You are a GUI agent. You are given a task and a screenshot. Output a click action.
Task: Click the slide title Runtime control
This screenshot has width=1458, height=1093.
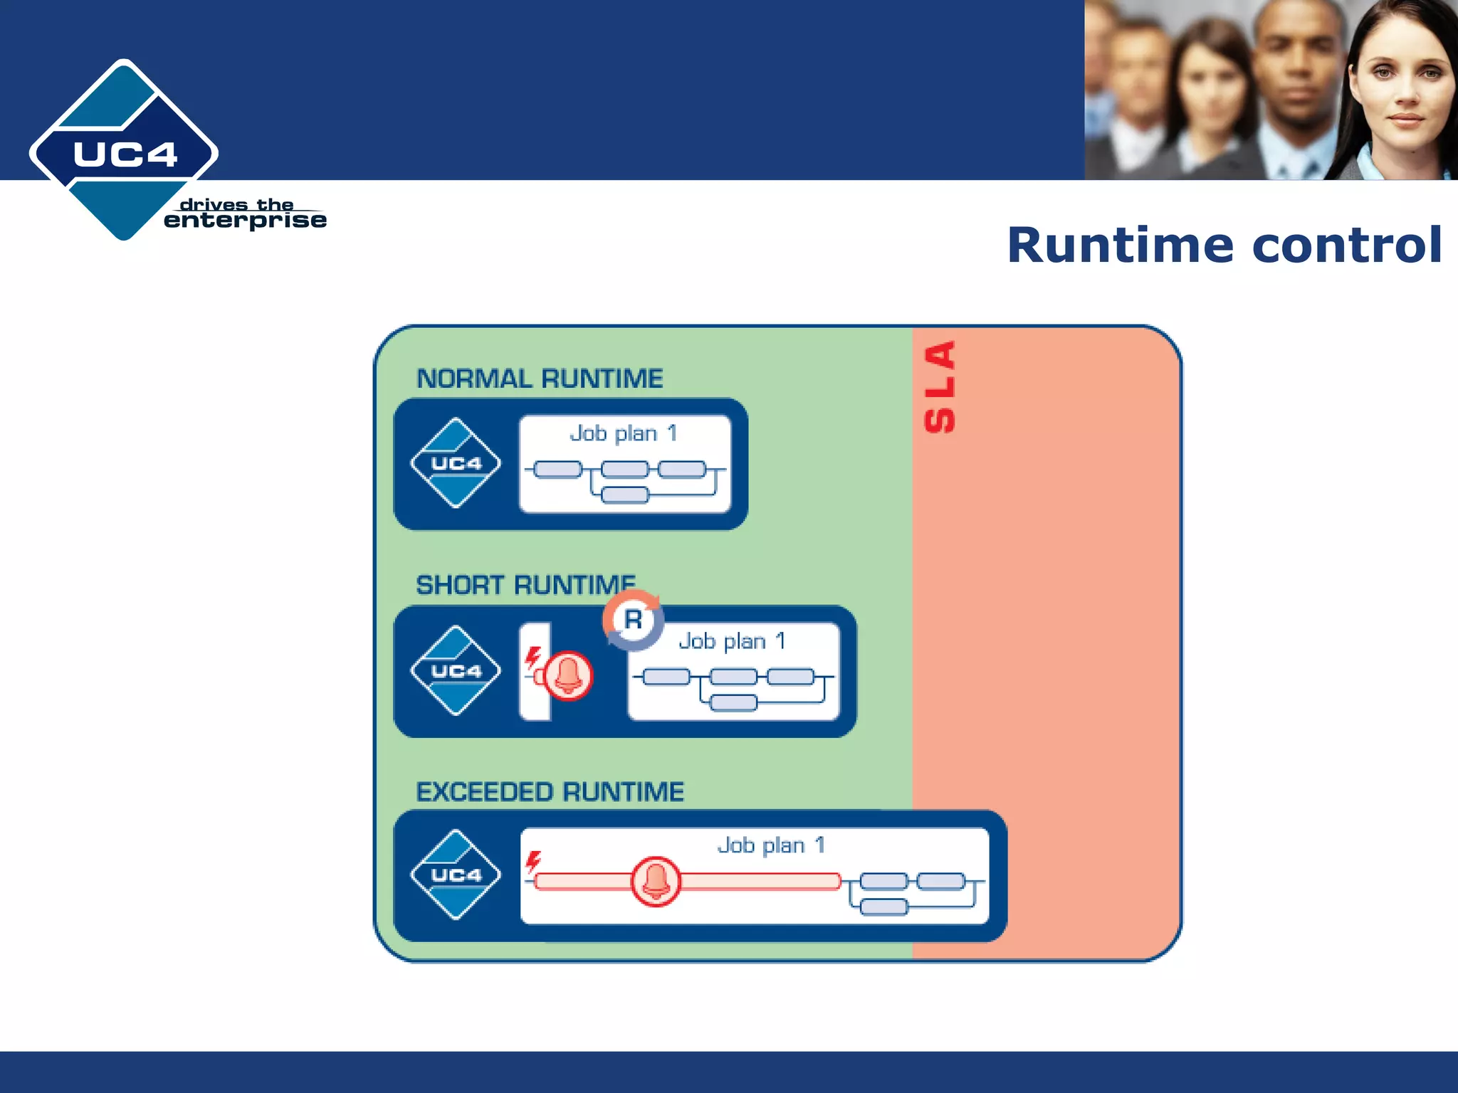point(1224,245)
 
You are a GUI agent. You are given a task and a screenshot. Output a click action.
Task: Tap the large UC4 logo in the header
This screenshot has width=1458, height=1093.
point(124,152)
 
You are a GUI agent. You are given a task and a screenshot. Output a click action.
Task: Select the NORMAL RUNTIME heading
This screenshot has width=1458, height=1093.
point(540,379)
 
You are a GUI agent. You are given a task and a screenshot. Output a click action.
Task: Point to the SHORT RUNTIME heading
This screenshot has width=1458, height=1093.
point(525,585)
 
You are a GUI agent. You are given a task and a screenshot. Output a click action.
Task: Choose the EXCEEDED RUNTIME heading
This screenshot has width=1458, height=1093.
point(550,792)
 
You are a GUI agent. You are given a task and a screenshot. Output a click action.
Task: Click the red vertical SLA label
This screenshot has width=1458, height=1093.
point(940,387)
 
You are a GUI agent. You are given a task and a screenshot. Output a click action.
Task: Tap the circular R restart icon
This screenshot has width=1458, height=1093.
point(633,620)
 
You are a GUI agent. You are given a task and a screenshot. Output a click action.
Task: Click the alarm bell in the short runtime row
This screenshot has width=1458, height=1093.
point(568,675)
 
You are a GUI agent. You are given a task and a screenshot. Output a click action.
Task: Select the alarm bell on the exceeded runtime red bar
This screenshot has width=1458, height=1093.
point(656,881)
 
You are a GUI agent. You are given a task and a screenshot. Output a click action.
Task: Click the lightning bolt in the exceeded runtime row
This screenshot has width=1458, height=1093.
point(533,862)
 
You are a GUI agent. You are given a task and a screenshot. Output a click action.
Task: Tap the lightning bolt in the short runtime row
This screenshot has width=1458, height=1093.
point(533,658)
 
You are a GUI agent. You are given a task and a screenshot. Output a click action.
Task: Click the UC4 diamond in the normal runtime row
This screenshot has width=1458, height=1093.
point(456,463)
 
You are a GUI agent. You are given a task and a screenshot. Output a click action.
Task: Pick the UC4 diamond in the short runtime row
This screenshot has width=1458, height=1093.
point(456,670)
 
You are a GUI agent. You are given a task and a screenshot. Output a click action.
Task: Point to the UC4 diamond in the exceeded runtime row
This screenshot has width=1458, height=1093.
point(456,875)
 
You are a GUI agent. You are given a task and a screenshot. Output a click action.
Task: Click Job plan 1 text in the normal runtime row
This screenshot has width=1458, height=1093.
point(624,433)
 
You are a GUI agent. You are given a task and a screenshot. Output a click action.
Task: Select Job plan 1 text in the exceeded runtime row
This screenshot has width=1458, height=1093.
point(771,845)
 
